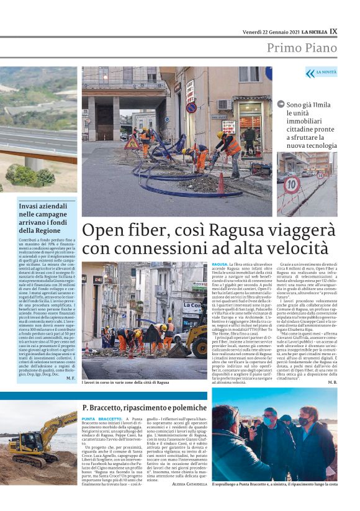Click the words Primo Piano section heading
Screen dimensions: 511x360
pyautogui.click(x=302, y=48)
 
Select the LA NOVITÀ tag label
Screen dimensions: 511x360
pyautogui.click(x=325, y=73)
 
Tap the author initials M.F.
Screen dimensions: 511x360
pyautogui.click(x=70, y=378)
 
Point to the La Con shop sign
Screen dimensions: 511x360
pyautogui.click(x=192, y=306)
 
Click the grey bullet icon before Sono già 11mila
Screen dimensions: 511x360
pyautogui.click(x=281, y=104)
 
